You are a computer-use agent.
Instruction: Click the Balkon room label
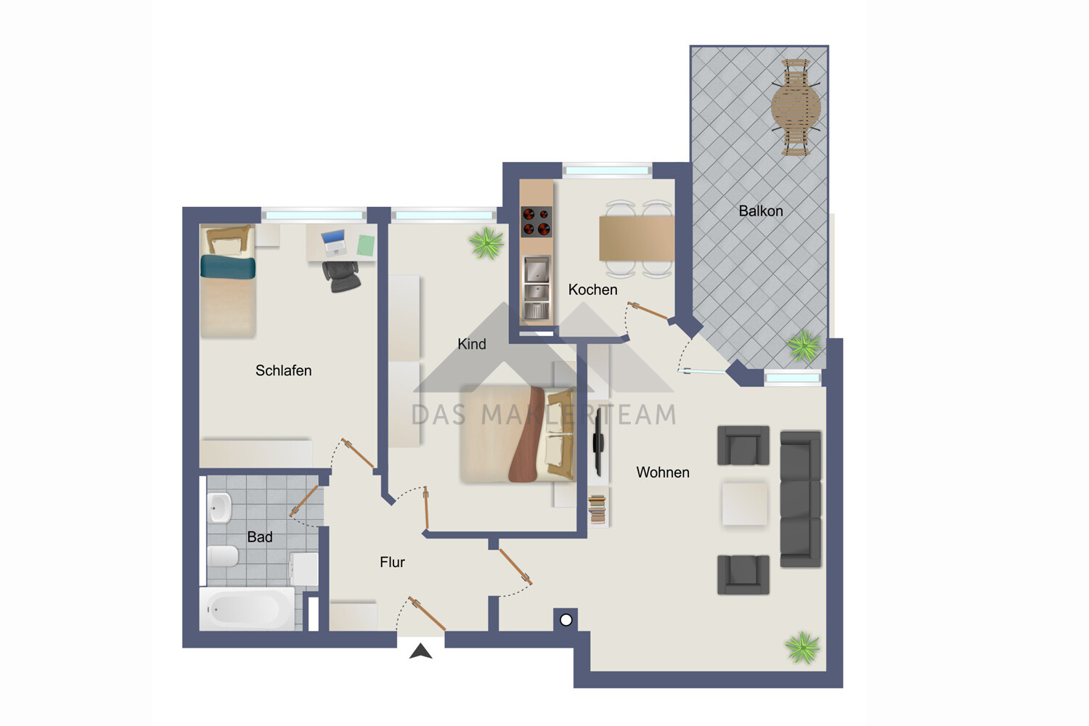click(x=760, y=211)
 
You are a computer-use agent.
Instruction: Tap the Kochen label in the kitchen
click(x=592, y=290)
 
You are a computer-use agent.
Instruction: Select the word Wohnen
click(x=662, y=473)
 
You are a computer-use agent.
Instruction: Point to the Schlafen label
click(x=283, y=371)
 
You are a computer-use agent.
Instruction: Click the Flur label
click(x=392, y=562)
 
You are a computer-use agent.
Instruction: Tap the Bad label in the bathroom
click(x=259, y=537)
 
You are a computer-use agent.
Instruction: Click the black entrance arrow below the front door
click(x=420, y=651)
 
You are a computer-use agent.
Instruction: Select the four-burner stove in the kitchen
click(x=537, y=222)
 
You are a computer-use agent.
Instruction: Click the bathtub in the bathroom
click(x=247, y=609)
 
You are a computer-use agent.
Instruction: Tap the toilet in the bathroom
click(x=223, y=557)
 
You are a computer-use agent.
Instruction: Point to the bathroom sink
click(x=219, y=507)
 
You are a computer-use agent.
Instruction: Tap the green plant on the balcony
click(x=804, y=346)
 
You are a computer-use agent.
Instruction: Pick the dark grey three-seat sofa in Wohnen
click(x=800, y=499)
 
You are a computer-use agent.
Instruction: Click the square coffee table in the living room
click(x=744, y=504)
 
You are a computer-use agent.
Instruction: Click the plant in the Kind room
click(x=486, y=243)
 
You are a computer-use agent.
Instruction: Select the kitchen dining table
click(x=636, y=238)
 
